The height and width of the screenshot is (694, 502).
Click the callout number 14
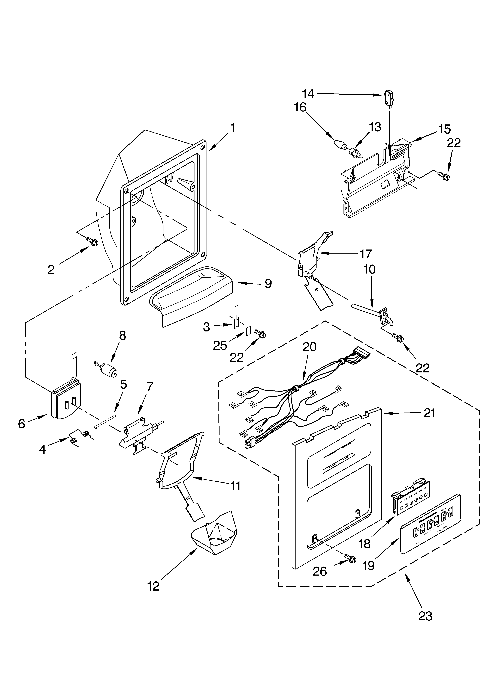tap(308, 94)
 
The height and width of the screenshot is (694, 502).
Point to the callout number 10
tap(370, 270)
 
